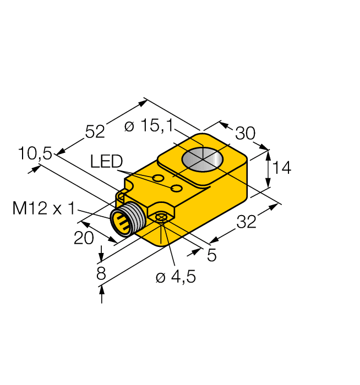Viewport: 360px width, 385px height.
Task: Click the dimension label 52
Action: click(94, 131)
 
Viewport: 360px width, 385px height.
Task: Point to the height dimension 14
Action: click(281, 168)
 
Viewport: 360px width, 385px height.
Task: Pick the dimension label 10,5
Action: click(35, 154)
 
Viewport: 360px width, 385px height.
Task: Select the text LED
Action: click(106, 162)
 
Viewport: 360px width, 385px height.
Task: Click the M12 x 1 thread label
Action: click(43, 208)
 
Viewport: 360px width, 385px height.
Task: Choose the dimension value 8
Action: click(101, 274)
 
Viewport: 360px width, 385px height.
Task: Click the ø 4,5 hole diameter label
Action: click(176, 277)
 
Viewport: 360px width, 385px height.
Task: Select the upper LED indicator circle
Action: click(158, 179)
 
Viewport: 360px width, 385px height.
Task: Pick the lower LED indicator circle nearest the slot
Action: click(177, 189)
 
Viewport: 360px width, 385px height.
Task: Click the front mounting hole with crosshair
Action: click(161, 219)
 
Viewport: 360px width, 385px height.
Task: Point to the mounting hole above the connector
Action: click(122, 195)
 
